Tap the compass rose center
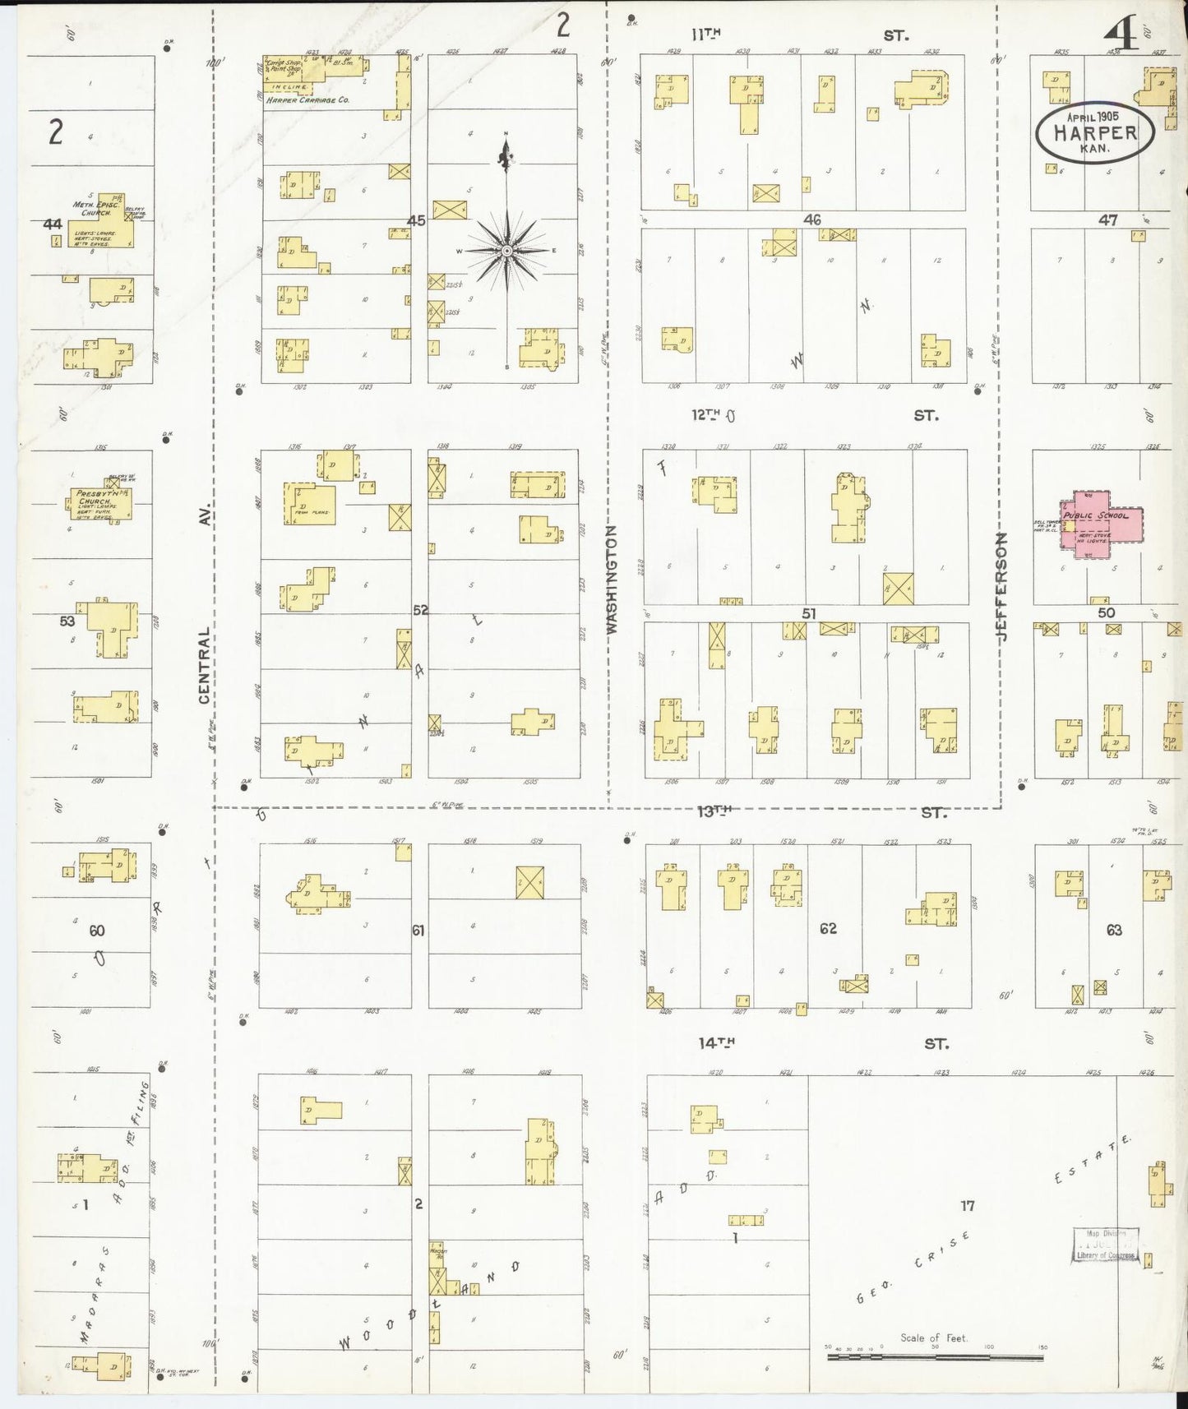pos(507,249)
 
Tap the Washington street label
pos(612,580)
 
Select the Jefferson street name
pos(1001,586)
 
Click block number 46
pos(812,219)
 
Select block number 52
pos(420,610)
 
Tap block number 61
pos(418,931)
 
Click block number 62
pos(828,928)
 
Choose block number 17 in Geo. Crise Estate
pos(968,1206)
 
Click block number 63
pos(1114,930)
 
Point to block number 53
pos(67,621)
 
